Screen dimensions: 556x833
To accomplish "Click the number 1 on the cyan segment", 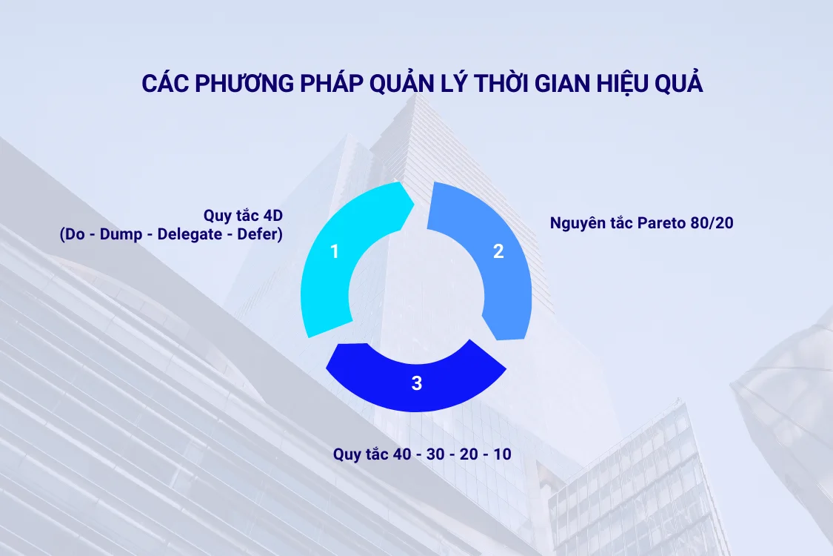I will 335,251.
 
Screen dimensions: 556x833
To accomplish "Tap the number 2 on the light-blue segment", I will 498,251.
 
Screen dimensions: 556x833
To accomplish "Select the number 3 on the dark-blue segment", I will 417,383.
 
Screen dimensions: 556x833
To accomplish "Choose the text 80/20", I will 710,222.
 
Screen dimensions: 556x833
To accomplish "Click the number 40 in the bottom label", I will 401,454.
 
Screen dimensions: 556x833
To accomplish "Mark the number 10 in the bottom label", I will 502,454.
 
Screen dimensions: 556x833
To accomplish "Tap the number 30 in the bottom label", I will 435,454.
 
